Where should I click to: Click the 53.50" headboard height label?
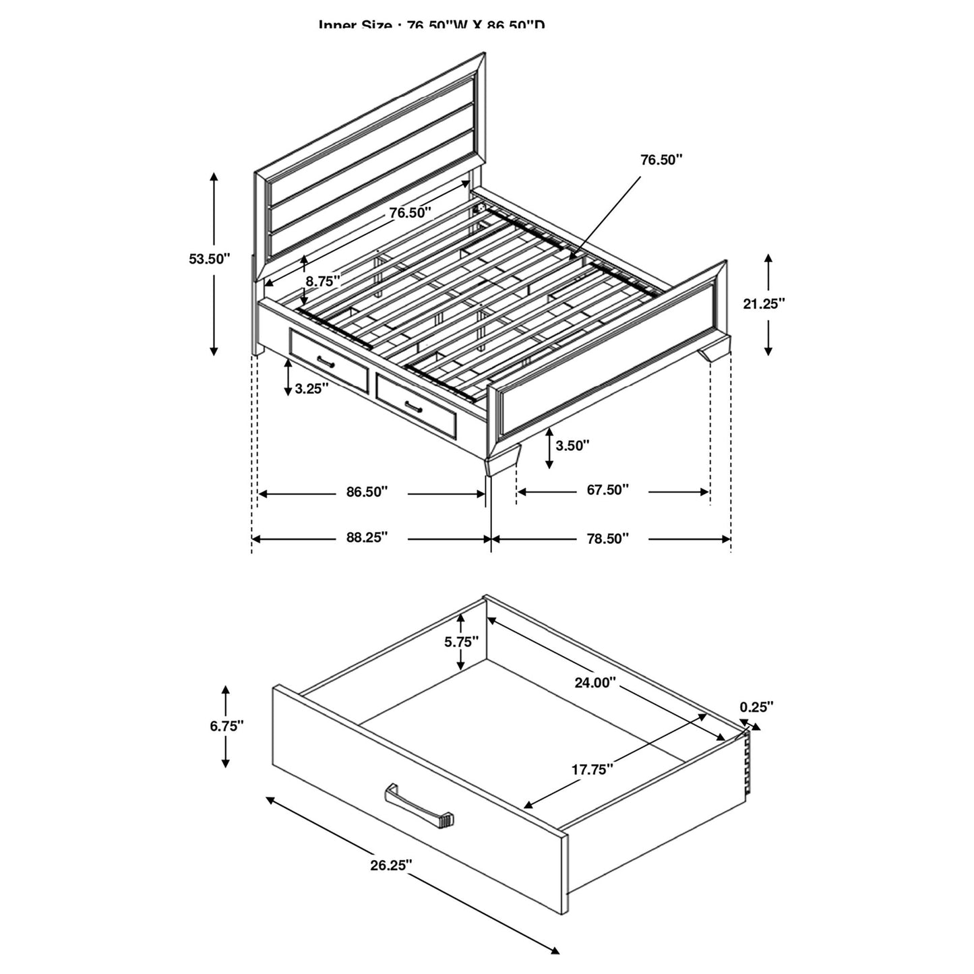pyautogui.click(x=210, y=258)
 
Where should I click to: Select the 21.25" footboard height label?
pyautogui.click(x=764, y=304)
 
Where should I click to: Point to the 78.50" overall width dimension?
pyautogui.click(x=607, y=538)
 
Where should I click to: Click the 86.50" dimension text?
pyautogui.click(x=367, y=492)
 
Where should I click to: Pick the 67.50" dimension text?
pyautogui.click(x=607, y=490)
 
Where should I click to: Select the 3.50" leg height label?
pyautogui.click(x=572, y=446)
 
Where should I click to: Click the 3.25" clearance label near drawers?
pyautogui.click(x=311, y=389)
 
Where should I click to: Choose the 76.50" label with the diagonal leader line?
pyautogui.click(x=661, y=160)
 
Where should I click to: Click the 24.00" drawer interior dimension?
pyautogui.click(x=595, y=683)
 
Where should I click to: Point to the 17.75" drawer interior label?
pyautogui.click(x=592, y=769)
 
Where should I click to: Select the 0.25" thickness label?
pyautogui.click(x=756, y=707)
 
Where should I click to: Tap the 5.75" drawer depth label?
pyautogui.click(x=461, y=642)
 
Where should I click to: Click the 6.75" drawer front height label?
pyautogui.click(x=226, y=726)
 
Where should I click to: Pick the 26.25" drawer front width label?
pyautogui.click(x=390, y=865)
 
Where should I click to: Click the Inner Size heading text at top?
pyautogui.click(x=431, y=26)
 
